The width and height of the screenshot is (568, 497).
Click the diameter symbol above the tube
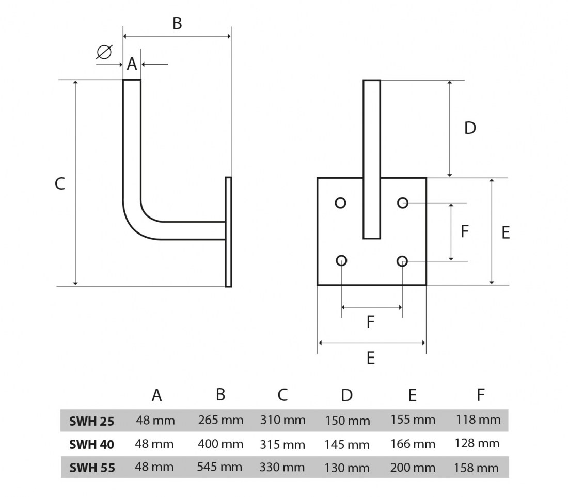(x=104, y=52)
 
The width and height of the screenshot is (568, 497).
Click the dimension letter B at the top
(x=177, y=23)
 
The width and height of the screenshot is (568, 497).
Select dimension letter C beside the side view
(x=60, y=183)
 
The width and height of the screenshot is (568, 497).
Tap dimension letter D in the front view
(x=470, y=128)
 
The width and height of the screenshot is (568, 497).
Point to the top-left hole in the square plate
(x=340, y=203)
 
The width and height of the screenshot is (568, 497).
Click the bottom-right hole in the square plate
(x=403, y=261)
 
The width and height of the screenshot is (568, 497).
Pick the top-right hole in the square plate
(x=403, y=203)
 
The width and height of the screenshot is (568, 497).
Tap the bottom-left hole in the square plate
(x=341, y=261)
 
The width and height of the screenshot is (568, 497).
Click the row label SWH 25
(x=92, y=421)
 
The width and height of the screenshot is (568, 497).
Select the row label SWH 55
(x=92, y=468)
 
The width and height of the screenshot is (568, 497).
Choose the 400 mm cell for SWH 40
(x=220, y=444)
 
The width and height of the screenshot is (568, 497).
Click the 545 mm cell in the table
(x=219, y=467)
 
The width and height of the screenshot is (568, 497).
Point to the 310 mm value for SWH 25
(x=282, y=420)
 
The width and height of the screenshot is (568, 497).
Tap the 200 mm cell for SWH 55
(x=413, y=468)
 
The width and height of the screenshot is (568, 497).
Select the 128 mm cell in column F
(x=477, y=443)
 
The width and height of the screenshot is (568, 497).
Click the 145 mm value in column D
(x=347, y=444)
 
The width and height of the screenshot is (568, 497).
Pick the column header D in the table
(x=346, y=396)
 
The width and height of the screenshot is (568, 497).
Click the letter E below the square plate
(x=371, y=358)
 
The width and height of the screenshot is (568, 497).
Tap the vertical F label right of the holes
(x=465, y=231)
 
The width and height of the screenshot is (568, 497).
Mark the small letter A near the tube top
(x=132, y=64)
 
